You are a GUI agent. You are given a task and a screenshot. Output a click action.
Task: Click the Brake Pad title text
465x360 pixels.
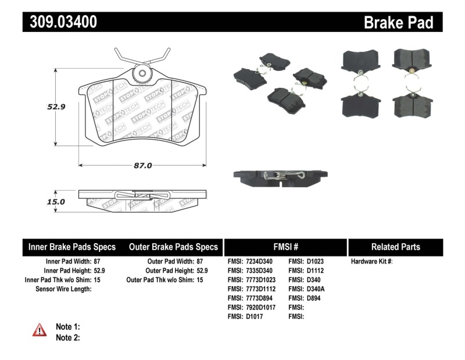click(398, 22)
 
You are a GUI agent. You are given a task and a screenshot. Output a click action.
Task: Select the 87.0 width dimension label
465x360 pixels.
click(142, 165)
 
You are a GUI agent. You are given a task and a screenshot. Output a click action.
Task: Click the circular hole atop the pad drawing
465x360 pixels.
click(142, 74)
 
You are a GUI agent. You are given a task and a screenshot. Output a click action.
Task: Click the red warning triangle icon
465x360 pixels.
click(40, 330)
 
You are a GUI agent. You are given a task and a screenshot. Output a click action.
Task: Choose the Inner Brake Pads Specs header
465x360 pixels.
click(72, 247)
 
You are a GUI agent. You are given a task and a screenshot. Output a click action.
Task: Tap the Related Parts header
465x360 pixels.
click(395, 247)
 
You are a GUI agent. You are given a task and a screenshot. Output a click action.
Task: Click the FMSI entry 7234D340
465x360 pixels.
click(252, 262)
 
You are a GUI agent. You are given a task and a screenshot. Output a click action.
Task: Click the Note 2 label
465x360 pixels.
click(67, 337)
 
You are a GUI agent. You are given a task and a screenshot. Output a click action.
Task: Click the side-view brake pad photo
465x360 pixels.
click(277, 177)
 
